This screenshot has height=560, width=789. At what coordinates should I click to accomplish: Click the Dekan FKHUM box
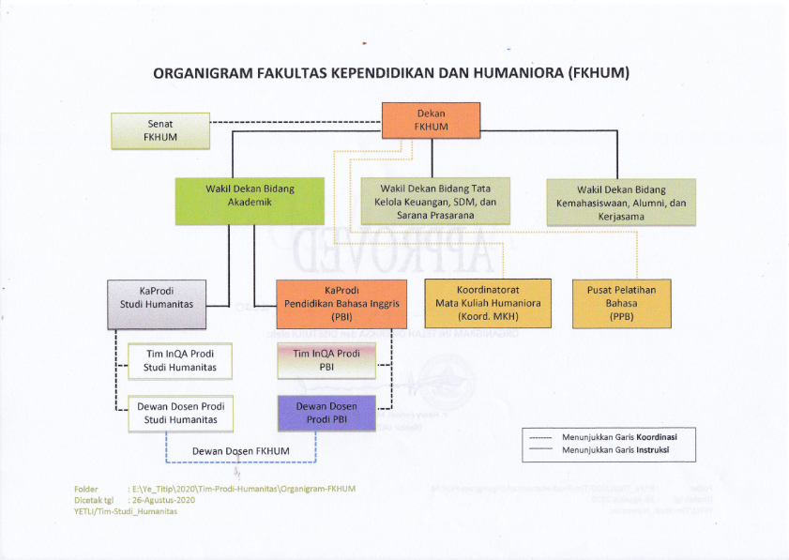(431, 120)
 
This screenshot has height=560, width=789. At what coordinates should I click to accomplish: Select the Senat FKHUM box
(159, 130)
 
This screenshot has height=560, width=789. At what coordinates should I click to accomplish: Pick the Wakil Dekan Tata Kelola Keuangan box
(434, 201)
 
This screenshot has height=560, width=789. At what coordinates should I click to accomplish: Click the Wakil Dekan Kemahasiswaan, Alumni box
(620, 202)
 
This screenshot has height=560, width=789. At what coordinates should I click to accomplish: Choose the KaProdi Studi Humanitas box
(156, 304)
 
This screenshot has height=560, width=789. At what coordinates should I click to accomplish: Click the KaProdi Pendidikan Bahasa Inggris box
(341, 304)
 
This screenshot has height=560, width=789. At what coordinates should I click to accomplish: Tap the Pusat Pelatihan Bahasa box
(621, 303)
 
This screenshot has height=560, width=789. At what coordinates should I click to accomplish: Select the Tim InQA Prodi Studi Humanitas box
(179, 360)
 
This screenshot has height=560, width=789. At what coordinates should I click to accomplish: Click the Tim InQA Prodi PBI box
(326, 360)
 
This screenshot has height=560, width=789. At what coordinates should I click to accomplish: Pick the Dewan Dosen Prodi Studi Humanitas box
(179, 413)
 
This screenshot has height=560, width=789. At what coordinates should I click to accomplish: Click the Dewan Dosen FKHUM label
(240, 451)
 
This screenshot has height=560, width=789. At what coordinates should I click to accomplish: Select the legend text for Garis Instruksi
(615, 451)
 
